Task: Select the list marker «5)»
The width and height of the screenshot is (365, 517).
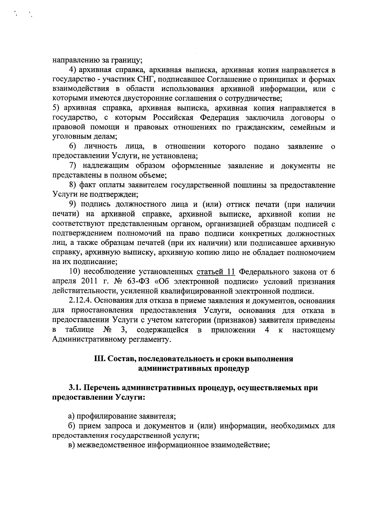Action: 57,108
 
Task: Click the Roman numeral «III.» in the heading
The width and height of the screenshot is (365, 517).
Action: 100,359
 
